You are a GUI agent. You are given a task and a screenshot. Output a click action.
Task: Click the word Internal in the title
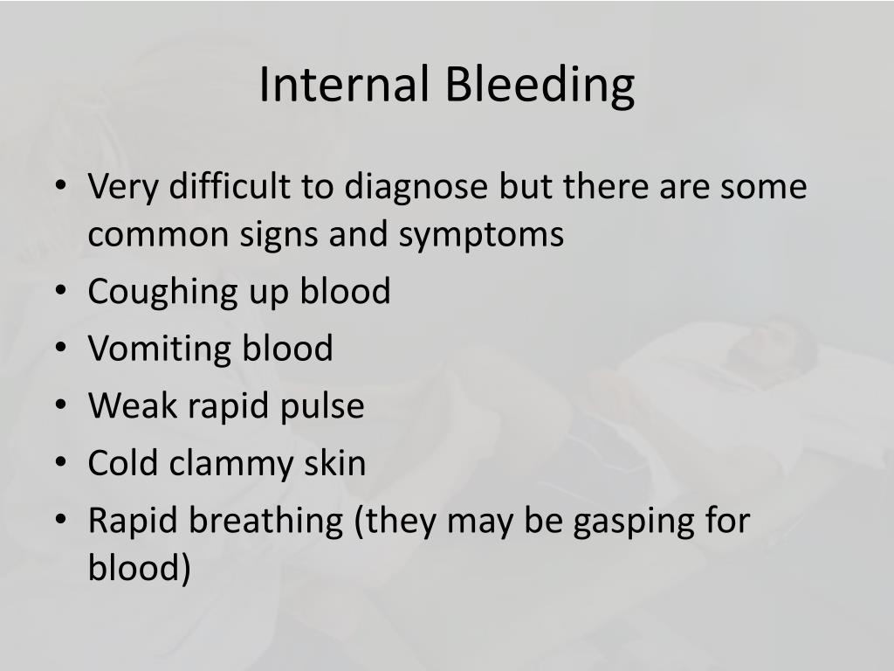344,86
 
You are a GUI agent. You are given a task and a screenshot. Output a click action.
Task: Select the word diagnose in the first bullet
416,186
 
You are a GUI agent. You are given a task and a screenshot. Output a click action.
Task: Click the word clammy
247,462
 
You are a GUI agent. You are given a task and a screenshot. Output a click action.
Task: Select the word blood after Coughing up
345,291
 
